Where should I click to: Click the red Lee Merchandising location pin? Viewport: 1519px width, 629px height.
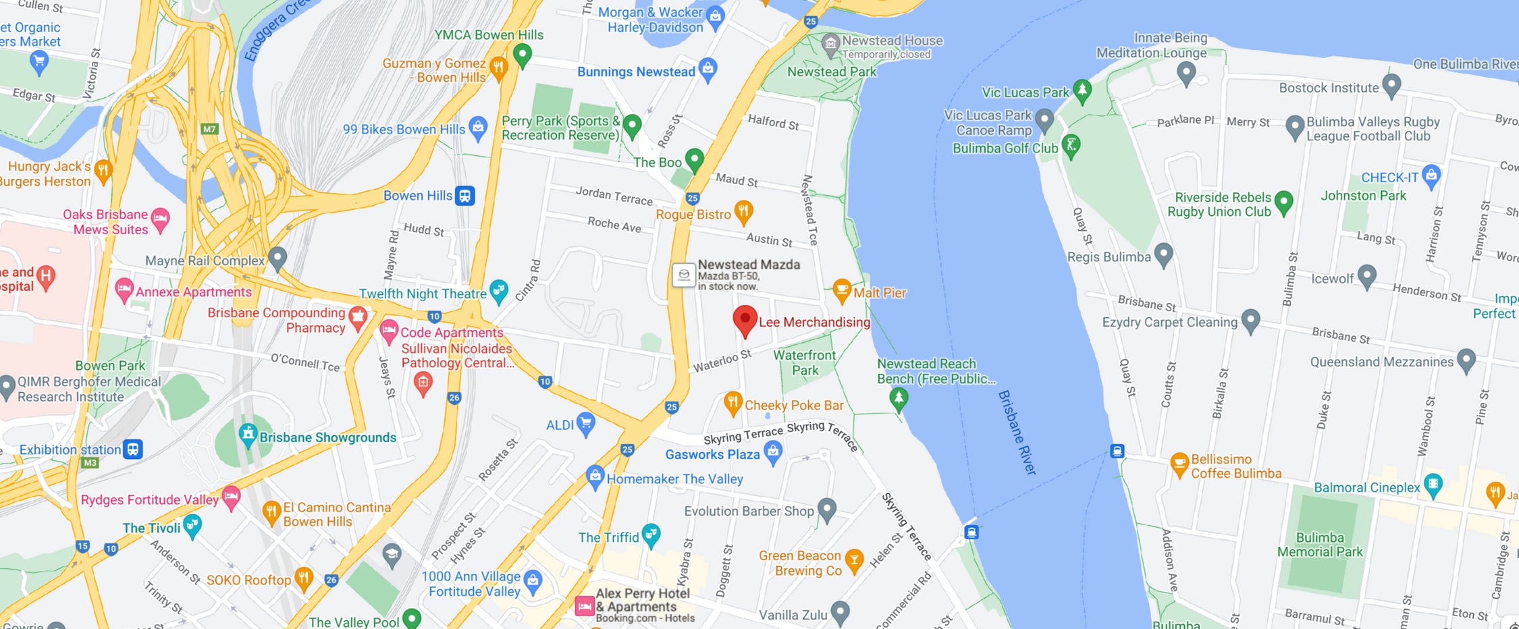click(x=745, y=319)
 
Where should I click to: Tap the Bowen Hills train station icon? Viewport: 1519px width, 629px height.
click(x=464, y=196)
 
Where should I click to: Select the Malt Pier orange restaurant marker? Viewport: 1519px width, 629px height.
click(x=841, y=291)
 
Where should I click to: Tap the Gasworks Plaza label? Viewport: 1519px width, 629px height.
click(x=712, y=454)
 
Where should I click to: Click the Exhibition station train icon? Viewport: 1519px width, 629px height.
click(x=133, y=449)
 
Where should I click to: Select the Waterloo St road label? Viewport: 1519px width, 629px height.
click(x=722, y=361)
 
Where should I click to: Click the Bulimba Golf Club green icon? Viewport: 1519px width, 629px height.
click(x=1071, y=144)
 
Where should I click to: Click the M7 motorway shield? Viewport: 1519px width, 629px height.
click(x=209, y=129)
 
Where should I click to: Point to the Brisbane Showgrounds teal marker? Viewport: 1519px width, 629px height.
click(x=248, y=434)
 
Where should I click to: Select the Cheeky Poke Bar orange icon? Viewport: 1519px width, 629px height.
click(x=732, y=403)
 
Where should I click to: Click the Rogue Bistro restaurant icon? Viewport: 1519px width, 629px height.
click(x=743, y=211)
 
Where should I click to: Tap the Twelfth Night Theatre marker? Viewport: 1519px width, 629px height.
click(x=498, y=291)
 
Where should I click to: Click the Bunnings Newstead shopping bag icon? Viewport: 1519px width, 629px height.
click(x=708, y=68)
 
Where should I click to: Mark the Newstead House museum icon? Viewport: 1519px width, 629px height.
click(x=830, y=44)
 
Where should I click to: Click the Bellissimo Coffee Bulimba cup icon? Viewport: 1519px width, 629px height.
click(x=1179, y=464)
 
